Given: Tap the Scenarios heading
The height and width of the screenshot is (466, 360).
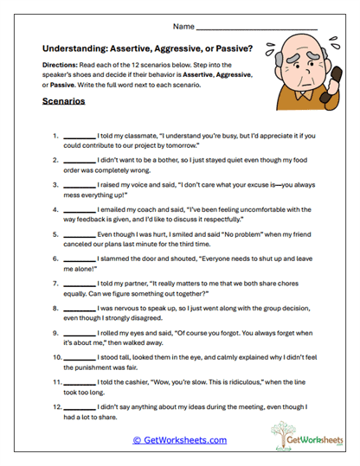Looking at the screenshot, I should [x=64, y=101].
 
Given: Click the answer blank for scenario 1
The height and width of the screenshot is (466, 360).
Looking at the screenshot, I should [x=79, y=137].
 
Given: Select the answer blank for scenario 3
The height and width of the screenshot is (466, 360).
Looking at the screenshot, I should [x=79, y=186].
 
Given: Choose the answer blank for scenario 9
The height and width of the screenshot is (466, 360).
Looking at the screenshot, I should [x=79, y=333].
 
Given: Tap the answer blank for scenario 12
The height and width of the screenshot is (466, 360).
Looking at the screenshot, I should [x=79, y=405].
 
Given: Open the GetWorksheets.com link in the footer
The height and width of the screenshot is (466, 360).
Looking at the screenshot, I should [x=180, y=440].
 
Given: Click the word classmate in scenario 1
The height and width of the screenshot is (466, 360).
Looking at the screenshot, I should [x=142, y=137].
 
